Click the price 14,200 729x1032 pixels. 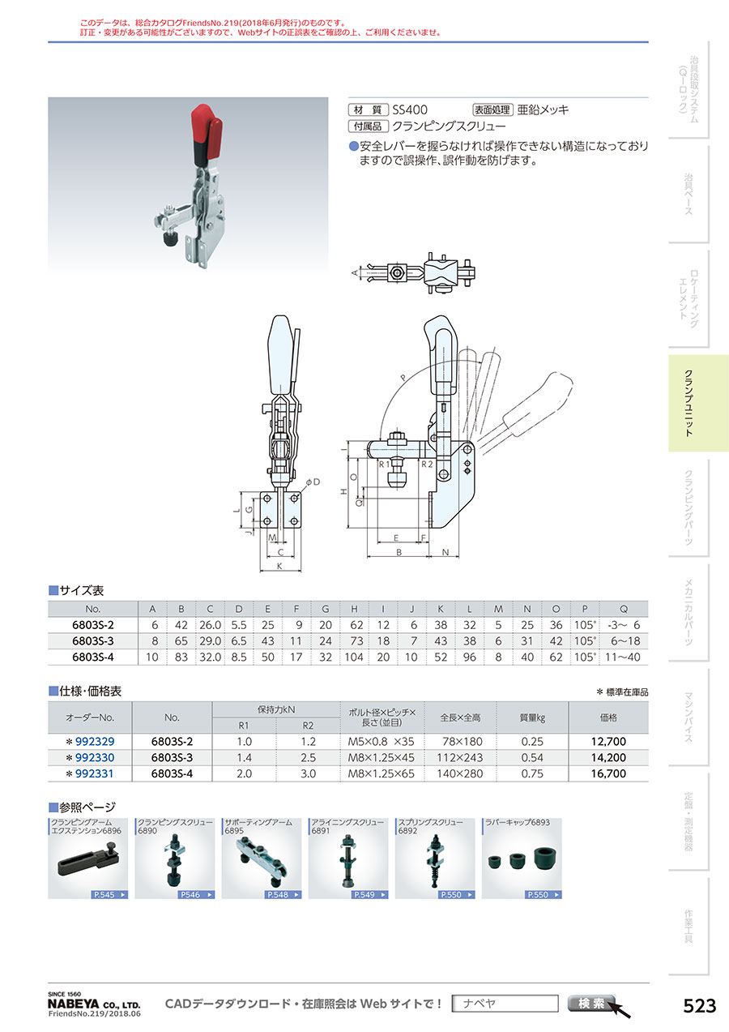[x=609, y=757]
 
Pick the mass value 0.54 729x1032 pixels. [x=531, y=757]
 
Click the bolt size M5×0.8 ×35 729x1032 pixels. [x=381, y=741]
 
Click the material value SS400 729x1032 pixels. [x=410, y=109]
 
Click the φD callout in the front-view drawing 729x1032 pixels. [x=311, y=482]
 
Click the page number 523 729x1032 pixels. [x=700, y=1006]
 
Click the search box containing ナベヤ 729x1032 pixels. [x=505, y=1004]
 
